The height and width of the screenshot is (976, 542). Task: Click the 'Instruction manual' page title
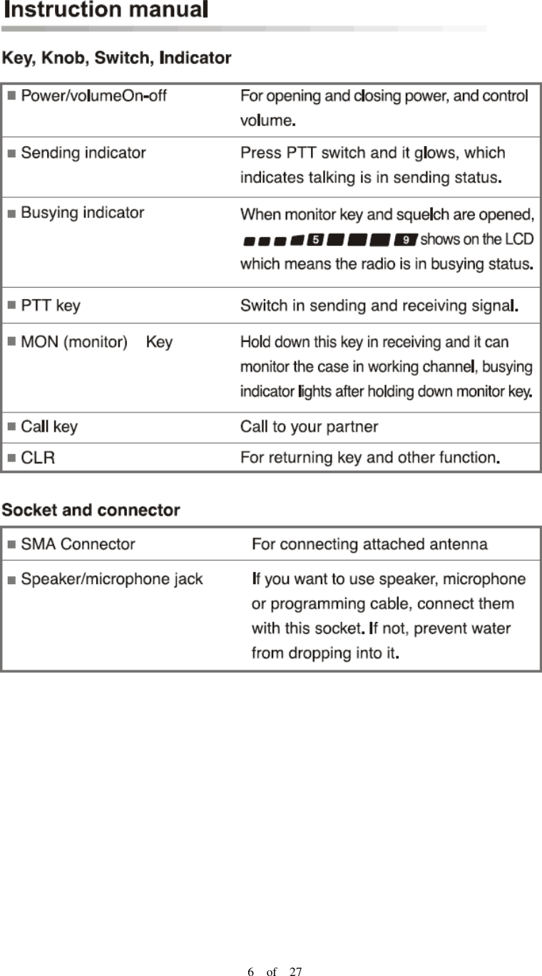(105, 12)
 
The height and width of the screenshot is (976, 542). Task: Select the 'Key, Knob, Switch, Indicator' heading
(117, 58)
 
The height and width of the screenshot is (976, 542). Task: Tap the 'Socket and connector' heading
(91, 511)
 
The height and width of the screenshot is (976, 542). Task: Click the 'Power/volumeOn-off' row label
(93, 95)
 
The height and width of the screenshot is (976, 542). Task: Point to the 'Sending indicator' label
(83, 152)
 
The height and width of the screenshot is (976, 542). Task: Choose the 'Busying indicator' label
(82, 213)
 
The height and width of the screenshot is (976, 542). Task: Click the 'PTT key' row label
(51, 306)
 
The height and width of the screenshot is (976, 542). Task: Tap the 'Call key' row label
(49, 427)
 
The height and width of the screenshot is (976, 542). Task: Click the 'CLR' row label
(38, 457)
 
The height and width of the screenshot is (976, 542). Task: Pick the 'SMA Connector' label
(78, 545)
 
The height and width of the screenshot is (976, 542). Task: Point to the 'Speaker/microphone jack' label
(112, 579)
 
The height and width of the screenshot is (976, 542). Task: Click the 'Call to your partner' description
(309, 427)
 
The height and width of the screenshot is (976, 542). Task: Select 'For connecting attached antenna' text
(369, 545)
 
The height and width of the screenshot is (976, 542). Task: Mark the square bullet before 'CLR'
(11, 457)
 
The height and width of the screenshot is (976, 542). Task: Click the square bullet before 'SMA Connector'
(11, 545)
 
